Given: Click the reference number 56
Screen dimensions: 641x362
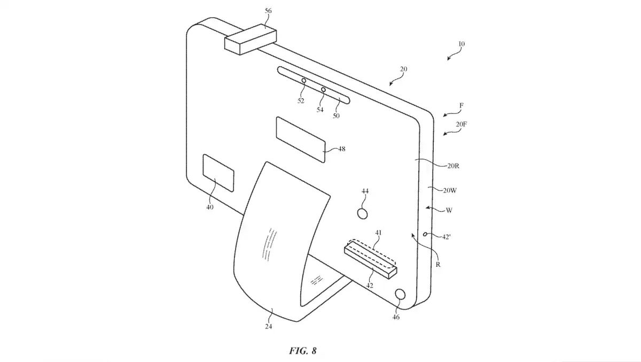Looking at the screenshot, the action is point(268,11).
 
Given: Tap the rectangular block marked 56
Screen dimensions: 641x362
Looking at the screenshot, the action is point(251,40).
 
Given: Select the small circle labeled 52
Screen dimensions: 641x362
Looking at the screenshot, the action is point(303,81).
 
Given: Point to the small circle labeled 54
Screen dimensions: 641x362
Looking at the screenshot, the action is point(323,90).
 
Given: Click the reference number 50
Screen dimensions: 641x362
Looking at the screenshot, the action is point(336,115).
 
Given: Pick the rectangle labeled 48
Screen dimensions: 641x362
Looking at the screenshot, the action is point(301,140).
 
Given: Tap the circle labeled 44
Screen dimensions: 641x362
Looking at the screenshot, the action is point(363,214).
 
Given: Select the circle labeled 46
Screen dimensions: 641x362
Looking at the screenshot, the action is point(400,294).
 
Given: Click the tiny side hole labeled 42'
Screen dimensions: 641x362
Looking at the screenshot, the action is point(425,234).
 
